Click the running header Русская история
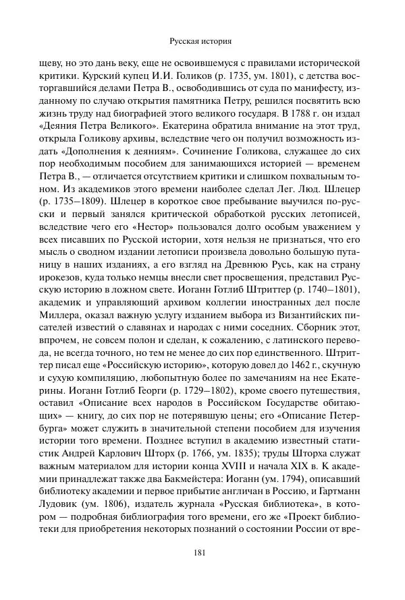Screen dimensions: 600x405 tap(202, 40)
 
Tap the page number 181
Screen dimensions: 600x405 tap(202, 554)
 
